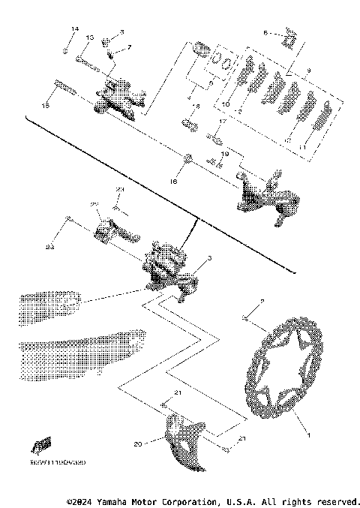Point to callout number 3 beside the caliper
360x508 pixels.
[208, 258]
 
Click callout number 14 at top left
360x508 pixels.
[74, 29]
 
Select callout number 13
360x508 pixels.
[88, 38]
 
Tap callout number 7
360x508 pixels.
[129, 47]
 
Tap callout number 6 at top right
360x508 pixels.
[265, 33]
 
